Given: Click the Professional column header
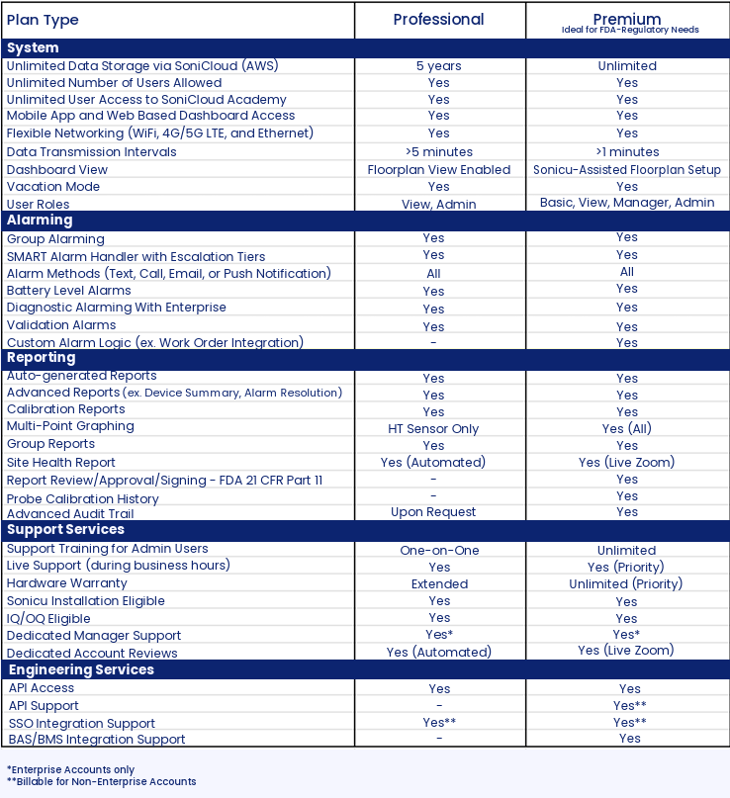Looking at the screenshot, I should click(438, 20).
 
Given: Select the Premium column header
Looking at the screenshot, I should click(627, 19).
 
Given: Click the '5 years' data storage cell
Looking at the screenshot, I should click(438, 66).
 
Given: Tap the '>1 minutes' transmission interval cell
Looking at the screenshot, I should click(627, 152).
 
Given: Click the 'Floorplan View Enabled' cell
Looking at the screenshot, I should click(438, 170).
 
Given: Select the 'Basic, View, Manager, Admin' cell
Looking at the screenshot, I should click(627, 203).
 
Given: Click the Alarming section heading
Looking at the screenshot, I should click(40, 221).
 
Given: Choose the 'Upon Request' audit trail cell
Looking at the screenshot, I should click(433, 512).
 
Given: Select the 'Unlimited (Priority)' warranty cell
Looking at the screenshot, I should click(626, 584).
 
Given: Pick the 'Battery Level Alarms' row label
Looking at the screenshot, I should click(68, 291).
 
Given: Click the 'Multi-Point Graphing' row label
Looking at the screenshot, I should click(70, 426).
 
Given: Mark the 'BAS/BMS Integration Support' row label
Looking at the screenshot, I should click(96, 740).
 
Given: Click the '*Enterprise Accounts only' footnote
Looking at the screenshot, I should click(70, 769).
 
